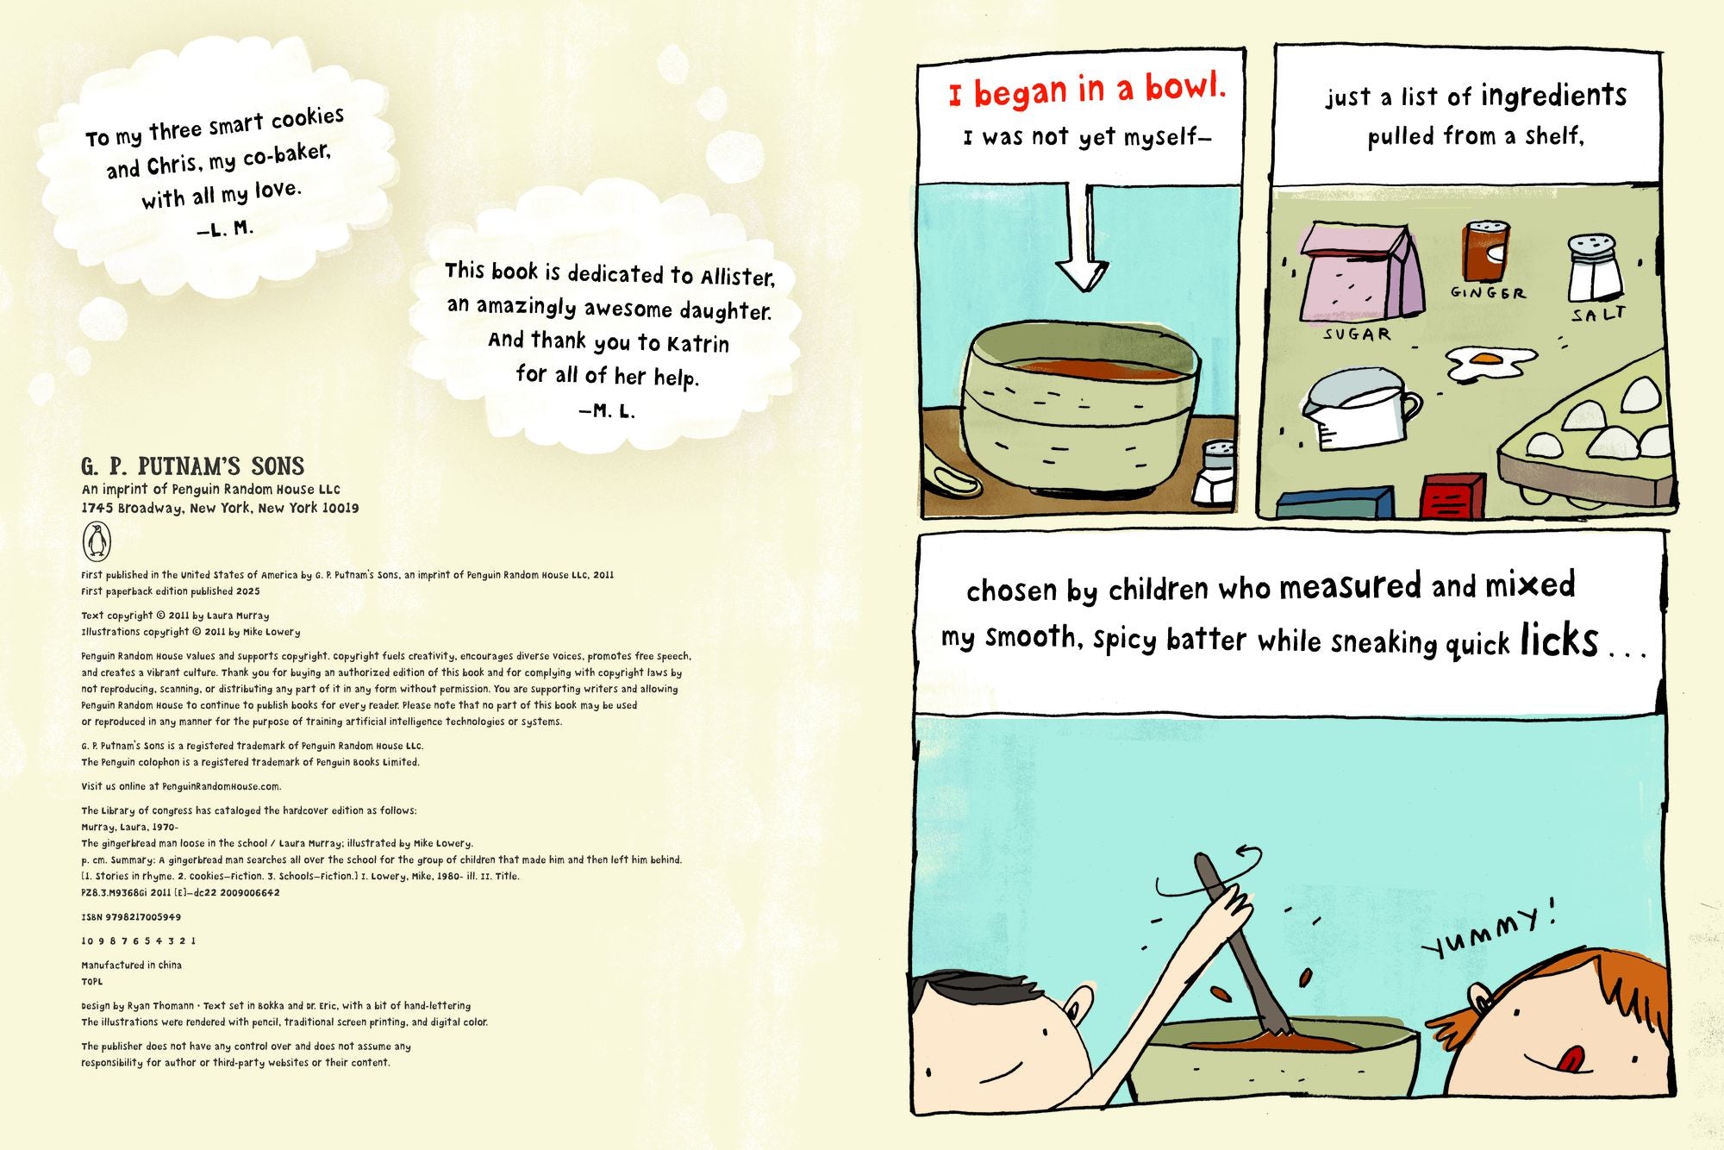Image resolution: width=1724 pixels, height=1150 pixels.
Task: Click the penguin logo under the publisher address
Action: pyautogui.click(x=97, y=541)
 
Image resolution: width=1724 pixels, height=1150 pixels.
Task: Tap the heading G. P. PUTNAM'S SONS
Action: pyautogui.click(x=193, y=466)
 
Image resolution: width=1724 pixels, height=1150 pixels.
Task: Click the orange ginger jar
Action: pyautogui.click(x=1486, y=250)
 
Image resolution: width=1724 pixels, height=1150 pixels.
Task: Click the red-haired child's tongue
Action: pyautogui.click(x=1571, y=1059)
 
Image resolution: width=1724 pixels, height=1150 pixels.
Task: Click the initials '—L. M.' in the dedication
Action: pyautogui.click(x=225, y=229)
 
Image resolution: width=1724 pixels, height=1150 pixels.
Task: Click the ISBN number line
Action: pyautogui.click(x=131, y=917)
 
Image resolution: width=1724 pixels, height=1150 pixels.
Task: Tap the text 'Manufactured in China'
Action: pyautogui.click(x=131, y=965)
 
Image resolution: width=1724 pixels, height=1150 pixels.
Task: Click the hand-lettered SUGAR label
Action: pyautogui.click(x=1357, y=334)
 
